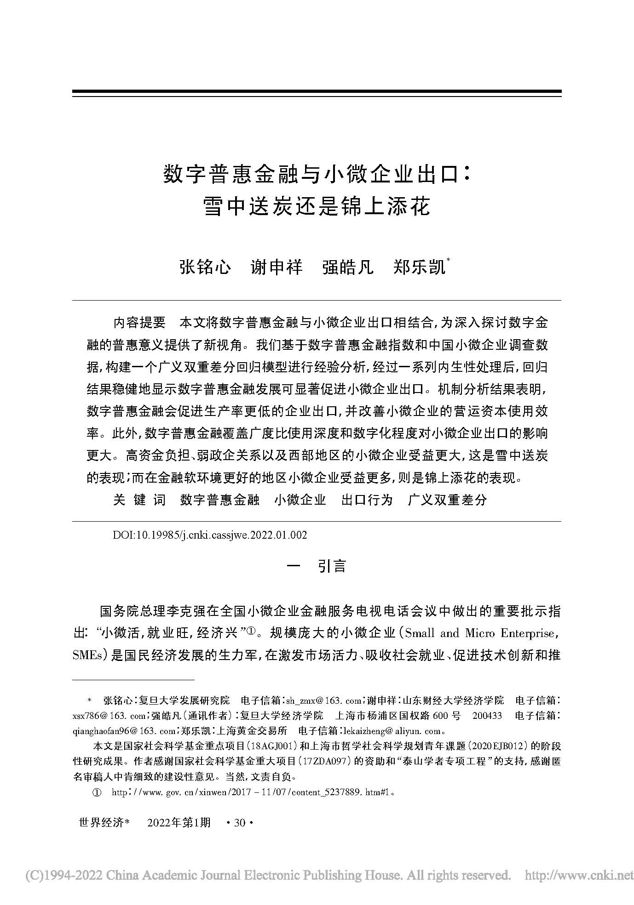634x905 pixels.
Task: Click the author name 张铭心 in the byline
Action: (x=205, y=267)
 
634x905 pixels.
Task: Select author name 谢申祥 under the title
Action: (x=276, y=267)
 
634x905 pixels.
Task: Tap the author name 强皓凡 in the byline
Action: (x=347, y=267)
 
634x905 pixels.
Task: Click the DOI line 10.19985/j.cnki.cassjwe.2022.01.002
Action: (x=210, y=535)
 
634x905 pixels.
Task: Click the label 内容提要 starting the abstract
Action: (x=139, y=322)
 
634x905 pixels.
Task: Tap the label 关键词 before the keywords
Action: (x=139, y=500)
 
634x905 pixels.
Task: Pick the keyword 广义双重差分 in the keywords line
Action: (x=447, y=500)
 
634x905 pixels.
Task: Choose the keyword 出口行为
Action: (x=367, y=500)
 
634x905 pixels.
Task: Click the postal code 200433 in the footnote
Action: (x=487, y=716)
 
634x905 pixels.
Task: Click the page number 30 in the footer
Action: (x=240, y=823)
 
